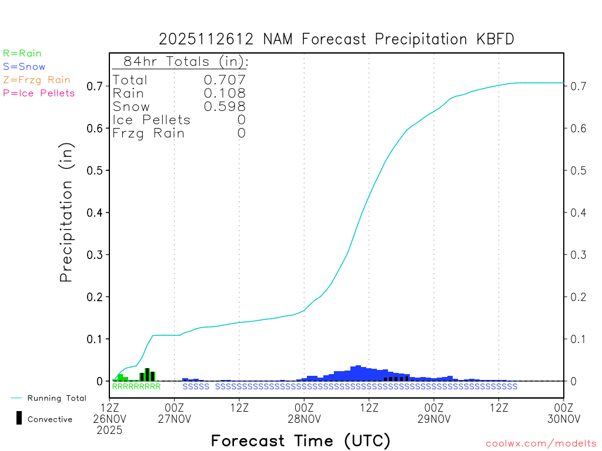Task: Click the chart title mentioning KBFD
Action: click(x=337, y=39)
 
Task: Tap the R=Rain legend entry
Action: click(x=22, y=53)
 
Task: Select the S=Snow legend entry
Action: click(x=24, y=67)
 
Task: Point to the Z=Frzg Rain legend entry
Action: click(x=36, y=80)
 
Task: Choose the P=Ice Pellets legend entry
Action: click(x=39, y=93)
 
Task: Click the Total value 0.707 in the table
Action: click(x=224, y=80)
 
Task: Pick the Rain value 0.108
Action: click(x=224, y=93)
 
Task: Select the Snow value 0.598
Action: click(x=224, y=106)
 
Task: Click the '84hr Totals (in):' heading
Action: click(x=185, y=62)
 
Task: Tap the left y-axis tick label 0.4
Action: click(x=95, y=213)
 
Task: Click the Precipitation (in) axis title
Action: click(x=66, y=214)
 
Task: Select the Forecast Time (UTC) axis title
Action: click(x=300, y=440)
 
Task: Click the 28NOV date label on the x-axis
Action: click(x=304, y=419)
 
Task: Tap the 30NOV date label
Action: click(x=563, y=419)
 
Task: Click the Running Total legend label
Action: click(x=56, y=398)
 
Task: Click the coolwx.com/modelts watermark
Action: click(x=541, y=443)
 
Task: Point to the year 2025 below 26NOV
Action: click(x=110, y=430)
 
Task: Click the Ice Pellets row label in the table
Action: click(x=152, y=120)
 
